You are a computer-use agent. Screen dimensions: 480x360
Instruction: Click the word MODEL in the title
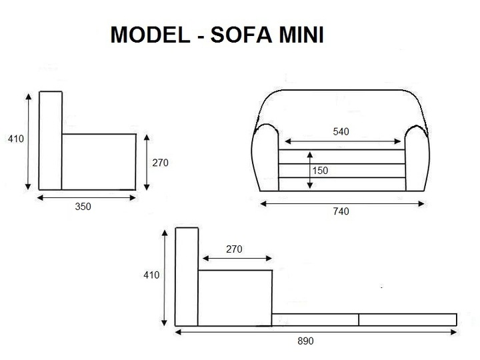(x=150, y=35)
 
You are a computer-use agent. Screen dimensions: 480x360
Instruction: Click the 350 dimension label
(x=83, y=206)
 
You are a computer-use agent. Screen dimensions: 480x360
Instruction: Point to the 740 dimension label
(x=341, y=211)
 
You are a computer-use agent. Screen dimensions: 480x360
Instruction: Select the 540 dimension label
(x=341, y=131)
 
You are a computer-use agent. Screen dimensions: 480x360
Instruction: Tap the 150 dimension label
(x=320, y=171)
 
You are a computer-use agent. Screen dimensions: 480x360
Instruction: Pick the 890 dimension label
(x=305, y=341)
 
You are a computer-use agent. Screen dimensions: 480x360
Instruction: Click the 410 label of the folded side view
(x=16, y=139)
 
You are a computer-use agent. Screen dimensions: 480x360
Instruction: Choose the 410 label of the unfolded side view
(x=151, y=275)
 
